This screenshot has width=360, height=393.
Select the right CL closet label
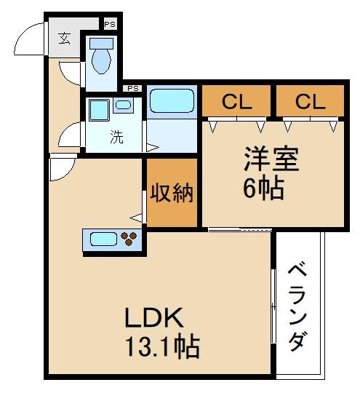tap(310, 101)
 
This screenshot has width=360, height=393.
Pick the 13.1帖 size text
tap(161, 346)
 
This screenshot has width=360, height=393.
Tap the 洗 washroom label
tap(116, 137)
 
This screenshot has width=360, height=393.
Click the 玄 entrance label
tap(65, 38)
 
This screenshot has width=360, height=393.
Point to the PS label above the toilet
tap(111, 25)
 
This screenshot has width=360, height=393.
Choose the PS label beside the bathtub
tap(133, 89)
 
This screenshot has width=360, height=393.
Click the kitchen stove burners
tap(129, 238)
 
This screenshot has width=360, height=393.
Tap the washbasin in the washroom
tap(123, 106)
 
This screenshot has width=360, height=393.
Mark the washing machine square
tap(99, 111)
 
